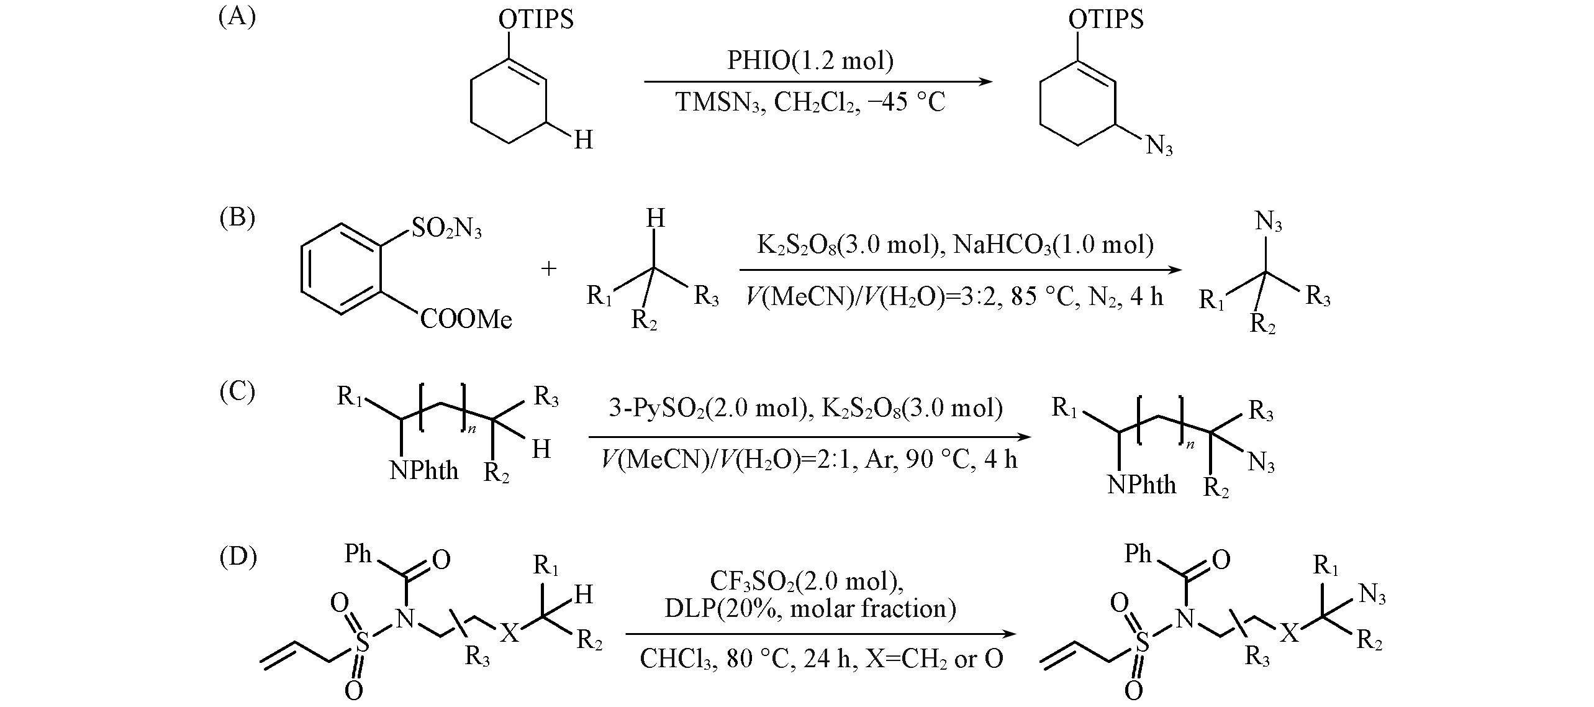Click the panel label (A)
pyautogui.click(x=237, y=16)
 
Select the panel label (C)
pyautogui.click(x=237, y=391)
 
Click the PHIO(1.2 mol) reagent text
pyautogui.click(x=811, y=61)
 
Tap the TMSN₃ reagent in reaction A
pyautogui.click(x=722, y=102)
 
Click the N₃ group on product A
pyautogui.click(x=1159, y=147)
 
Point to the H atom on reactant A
pyautogui.click(x=583, y=140)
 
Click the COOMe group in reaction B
pyautogui.click(x=466, y=319)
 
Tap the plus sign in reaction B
pyautogui.click(x=549, y=268)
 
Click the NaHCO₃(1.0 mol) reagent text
pyautogui.click(x=1053, y=245)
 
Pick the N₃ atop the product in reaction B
pyautogui.click(x=1269, y=222)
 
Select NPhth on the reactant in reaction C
pyautogui.click(x=424, y=470)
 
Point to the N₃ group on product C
pyautogui.click(x=1261, y=462)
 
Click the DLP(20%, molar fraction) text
pyautogui.click(x=810, y=608)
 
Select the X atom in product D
pyautogui.click(x=1290, y=634)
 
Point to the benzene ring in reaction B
pyautogui.click(x=339, y=269)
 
